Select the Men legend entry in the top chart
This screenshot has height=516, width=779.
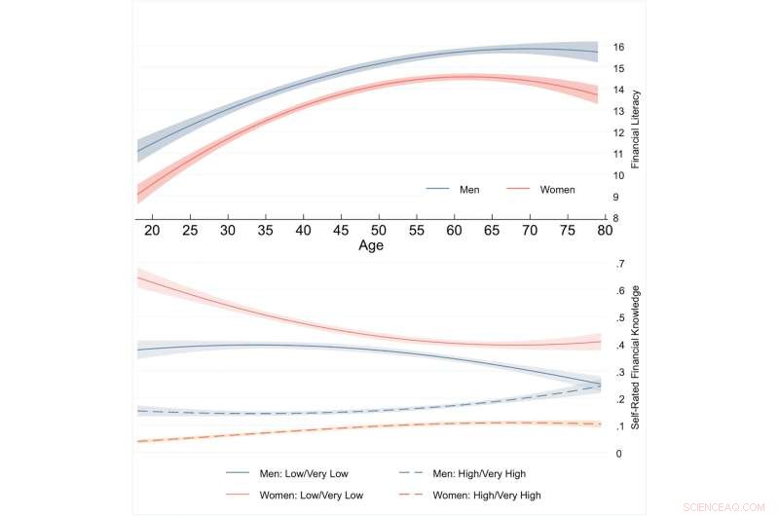pos(469,190)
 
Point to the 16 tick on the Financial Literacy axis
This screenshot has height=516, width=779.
pos(618,48)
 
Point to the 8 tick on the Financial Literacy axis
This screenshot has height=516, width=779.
pos(615,218)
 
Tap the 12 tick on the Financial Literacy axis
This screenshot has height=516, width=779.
pos(618,132)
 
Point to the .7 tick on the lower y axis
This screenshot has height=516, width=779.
pos(618,265)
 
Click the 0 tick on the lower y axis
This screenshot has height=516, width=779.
pos(616,454)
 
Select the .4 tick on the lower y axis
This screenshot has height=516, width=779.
pos(618,346)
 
